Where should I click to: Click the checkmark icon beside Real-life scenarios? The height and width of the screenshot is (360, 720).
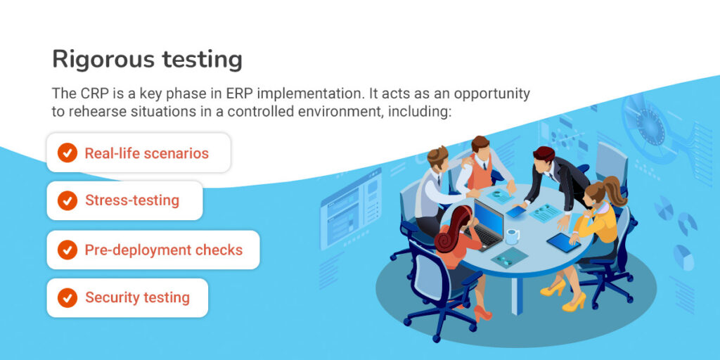tap(67, 153)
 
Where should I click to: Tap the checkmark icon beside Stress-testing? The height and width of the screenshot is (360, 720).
tap(67, 200)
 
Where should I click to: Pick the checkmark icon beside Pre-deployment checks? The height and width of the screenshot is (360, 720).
tap(67, 250)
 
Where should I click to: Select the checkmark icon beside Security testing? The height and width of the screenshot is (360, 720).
tap(67, 297)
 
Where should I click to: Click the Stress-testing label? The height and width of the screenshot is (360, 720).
tap(132, 200)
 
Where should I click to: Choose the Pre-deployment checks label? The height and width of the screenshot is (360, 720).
tap(163, 250)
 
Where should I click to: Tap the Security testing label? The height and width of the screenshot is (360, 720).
tap(137, 297)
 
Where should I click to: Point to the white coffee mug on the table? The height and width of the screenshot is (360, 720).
tap(512, 236)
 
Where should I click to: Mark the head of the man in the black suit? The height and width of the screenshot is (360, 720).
tap(544, 159)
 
